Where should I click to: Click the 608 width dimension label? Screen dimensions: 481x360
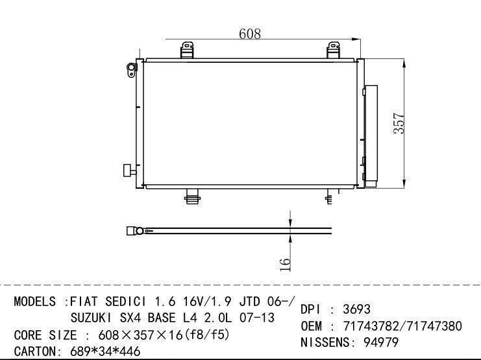(x=250, y=34)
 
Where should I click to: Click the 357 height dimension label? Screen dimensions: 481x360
(x=399, y=123)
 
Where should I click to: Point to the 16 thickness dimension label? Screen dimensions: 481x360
(x=285, y=265)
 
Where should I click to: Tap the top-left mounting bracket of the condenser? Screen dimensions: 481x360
(x=187, y=51)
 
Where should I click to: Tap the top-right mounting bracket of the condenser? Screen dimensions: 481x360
(x=333, y=51)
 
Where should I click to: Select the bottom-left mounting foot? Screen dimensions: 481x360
(x=193, y=197)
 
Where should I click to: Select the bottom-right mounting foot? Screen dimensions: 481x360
(x=329, y=197)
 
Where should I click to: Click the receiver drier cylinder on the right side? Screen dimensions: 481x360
(x=371, y=136)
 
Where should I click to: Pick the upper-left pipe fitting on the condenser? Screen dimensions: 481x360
(x=132, y=70)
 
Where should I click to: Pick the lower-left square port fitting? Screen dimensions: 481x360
(x=129, y=170)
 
